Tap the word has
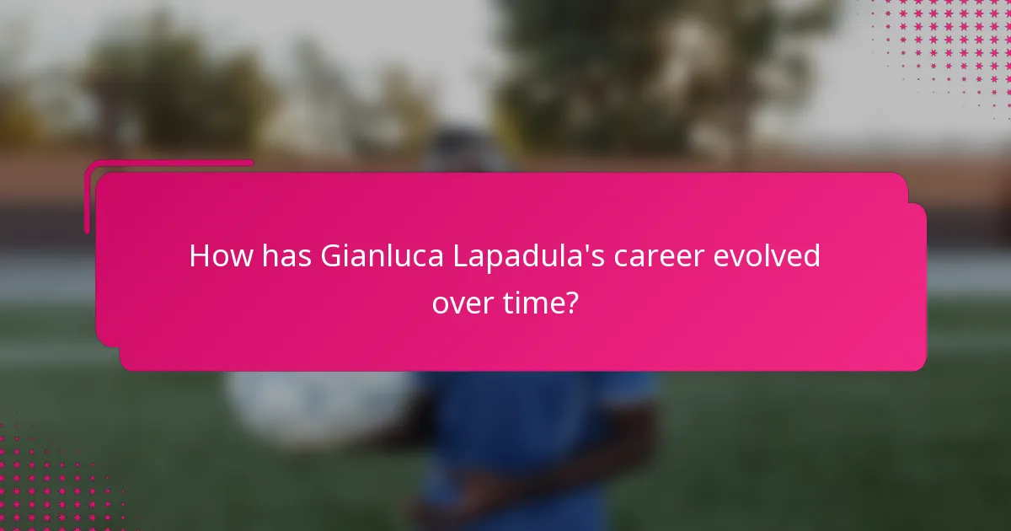(287, 255)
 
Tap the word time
(540, 302)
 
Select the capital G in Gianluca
(330, 255)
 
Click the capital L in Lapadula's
(461, 255)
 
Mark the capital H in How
(199, 255)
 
